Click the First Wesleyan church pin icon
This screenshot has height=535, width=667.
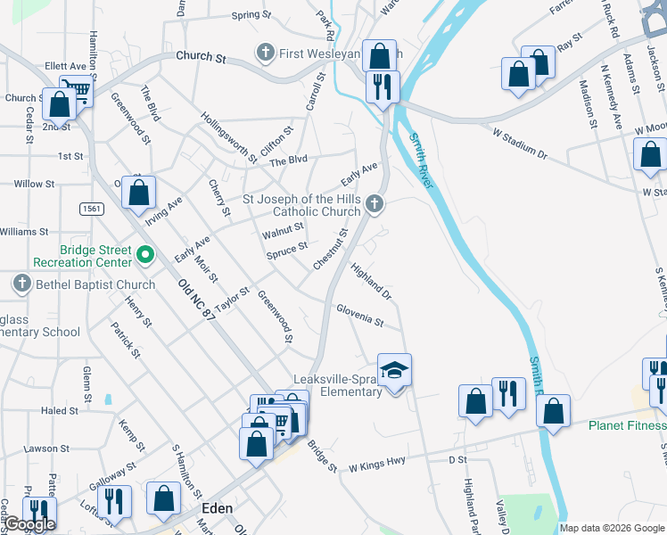point(265,53)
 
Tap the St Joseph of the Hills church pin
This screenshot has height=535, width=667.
point(375,205)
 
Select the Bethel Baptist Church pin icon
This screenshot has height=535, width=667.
point(22,284)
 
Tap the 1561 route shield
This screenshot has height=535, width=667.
point(91,209)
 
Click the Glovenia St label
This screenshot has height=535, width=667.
point(359,315)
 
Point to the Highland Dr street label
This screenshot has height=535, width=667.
point(371,280)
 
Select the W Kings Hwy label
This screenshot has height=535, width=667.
point(376,440)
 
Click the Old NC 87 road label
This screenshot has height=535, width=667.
point(197,300)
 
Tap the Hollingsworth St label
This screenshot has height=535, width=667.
point(228,136)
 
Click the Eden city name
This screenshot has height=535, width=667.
point(217,508)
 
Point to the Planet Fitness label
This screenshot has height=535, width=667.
point(627,425)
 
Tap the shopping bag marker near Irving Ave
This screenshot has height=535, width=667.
point(139,192)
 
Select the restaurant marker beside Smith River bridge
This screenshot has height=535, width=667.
point(383,87)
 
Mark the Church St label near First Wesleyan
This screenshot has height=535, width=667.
point(201,56)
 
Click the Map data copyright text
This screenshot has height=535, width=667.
point(611,528)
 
